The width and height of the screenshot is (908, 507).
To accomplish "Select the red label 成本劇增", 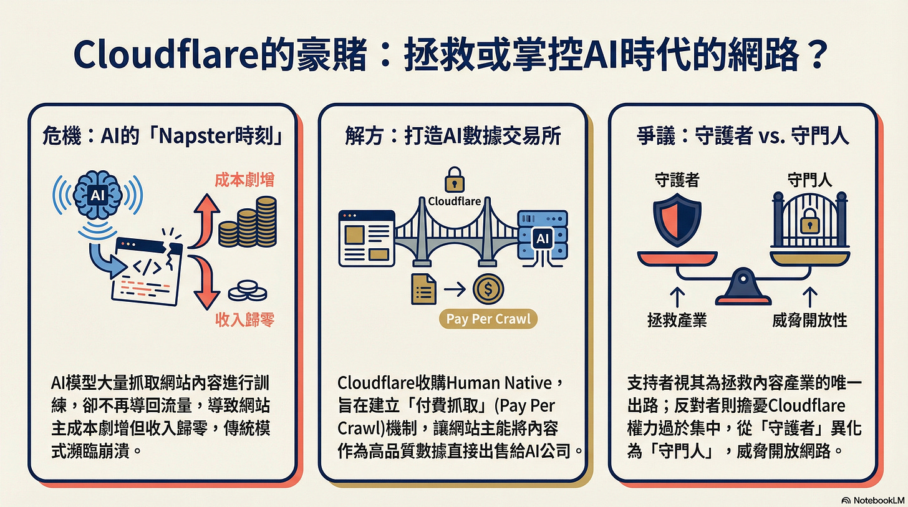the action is coord(244,180).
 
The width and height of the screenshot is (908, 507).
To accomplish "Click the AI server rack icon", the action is coord(542,238).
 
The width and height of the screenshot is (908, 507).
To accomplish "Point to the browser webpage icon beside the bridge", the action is coord(366,238).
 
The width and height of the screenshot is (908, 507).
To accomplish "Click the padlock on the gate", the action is coord(809,220).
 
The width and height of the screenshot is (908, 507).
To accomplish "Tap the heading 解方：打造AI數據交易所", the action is coord(453,137).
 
